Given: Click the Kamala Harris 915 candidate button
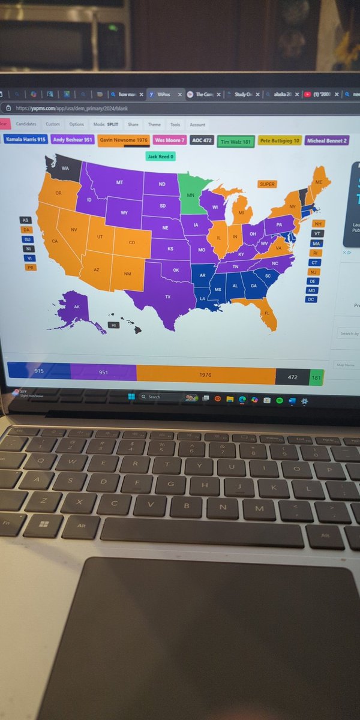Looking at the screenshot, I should tap(25, 140).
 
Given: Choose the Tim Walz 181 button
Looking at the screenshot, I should tap(236, 142).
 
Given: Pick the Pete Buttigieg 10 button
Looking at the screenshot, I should tap(280, 141).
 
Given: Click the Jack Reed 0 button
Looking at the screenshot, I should tap(160, 157).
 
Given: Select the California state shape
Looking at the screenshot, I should tap(57, 240).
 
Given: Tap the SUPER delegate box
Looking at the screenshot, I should tap(267, 184).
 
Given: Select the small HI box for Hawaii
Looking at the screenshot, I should tap(113, 325).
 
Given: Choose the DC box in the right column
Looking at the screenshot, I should tap(311, 299).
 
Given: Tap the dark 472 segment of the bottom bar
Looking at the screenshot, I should tap(292, 377).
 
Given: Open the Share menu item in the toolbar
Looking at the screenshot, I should tap(133, 125).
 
